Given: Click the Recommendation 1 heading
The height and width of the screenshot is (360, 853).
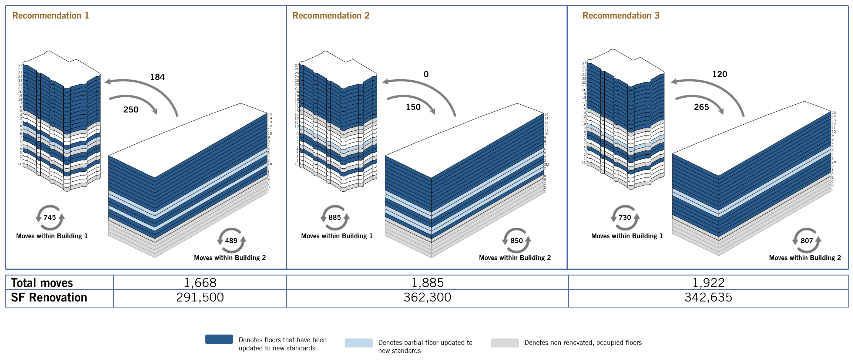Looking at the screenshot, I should [x=50, y=16].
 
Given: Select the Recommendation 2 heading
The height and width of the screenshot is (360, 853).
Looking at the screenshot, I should [x=331, y=16].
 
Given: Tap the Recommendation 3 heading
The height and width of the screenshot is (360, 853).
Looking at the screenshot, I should [x=621, y=16].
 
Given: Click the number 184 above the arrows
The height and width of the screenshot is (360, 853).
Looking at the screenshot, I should [x=157, y=77].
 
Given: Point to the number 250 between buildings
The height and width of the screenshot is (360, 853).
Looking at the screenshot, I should [x=131, y=110].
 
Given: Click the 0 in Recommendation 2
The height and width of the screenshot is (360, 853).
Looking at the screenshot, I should [x=426, y=74].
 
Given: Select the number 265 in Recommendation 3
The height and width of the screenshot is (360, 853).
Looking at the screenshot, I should [x=701, y=107].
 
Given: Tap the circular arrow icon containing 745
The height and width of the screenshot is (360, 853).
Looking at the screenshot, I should [x=50, y=218].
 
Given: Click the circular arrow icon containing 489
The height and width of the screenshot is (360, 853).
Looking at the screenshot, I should [x=231, y=240].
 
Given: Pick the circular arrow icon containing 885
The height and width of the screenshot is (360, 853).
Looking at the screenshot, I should [x=335, y=218].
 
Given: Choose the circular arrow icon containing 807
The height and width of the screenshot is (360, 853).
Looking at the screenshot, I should [x=806, y=240].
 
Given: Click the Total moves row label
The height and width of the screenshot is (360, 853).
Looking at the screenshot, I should [x=42, y=283].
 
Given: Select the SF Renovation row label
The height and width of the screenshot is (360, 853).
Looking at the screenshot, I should [x=49, y=297].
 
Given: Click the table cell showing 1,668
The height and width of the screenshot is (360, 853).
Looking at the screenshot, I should [x=200, y=283].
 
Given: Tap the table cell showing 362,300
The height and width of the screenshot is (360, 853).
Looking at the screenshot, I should [x=427, y=297].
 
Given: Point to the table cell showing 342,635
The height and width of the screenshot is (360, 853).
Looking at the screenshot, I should [x=708, y=297].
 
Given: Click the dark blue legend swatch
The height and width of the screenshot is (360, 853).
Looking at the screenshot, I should [x=219, y=339].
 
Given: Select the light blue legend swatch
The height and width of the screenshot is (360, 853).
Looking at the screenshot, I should [x=359, y=343].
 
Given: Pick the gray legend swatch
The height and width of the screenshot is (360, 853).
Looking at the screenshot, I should [x=505, y=343].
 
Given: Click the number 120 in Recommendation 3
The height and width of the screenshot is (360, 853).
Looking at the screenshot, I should [x=720, y=74].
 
